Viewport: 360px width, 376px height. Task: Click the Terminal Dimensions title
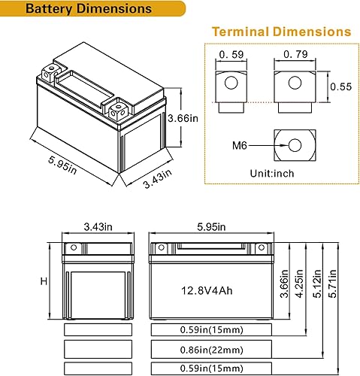280,32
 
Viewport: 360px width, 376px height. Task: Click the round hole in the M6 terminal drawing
293,144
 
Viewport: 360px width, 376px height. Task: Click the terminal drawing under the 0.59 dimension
229,89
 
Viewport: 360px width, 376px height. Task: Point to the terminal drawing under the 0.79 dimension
294,89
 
